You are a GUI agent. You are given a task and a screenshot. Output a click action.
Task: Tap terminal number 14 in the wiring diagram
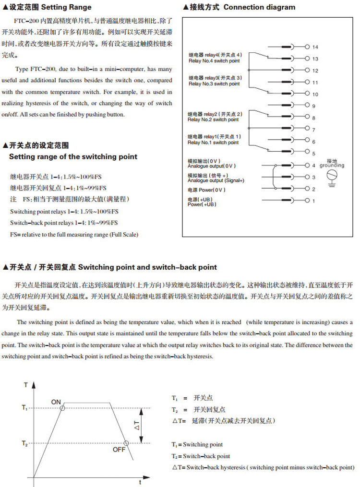click(315, 48)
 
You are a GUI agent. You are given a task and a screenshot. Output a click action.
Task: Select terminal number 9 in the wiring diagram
click(313, 106)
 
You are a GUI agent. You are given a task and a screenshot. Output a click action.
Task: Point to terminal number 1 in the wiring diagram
click(313, 201)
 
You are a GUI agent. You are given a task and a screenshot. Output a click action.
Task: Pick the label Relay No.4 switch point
click(214, 61)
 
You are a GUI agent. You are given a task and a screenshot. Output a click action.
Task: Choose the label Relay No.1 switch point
click(213, 143)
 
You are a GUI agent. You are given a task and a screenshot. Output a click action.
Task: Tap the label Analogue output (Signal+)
click(216, 181)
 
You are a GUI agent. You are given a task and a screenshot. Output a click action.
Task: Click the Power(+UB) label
click(202, 205)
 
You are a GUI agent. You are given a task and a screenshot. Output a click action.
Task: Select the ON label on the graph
click(56, 401)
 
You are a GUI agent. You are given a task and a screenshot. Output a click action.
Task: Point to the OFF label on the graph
click(119, 449)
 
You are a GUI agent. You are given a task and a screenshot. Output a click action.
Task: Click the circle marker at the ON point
click(63, 408)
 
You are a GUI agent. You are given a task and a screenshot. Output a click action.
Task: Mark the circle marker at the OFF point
click(125, 443)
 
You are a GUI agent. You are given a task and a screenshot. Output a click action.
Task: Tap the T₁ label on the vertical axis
click(25, 407)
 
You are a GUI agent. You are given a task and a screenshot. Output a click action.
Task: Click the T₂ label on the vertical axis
click(25, 443)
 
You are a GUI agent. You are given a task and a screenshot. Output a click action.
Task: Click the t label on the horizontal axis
click(139, 481)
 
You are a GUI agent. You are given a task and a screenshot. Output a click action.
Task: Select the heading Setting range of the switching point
click(73, 157)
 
